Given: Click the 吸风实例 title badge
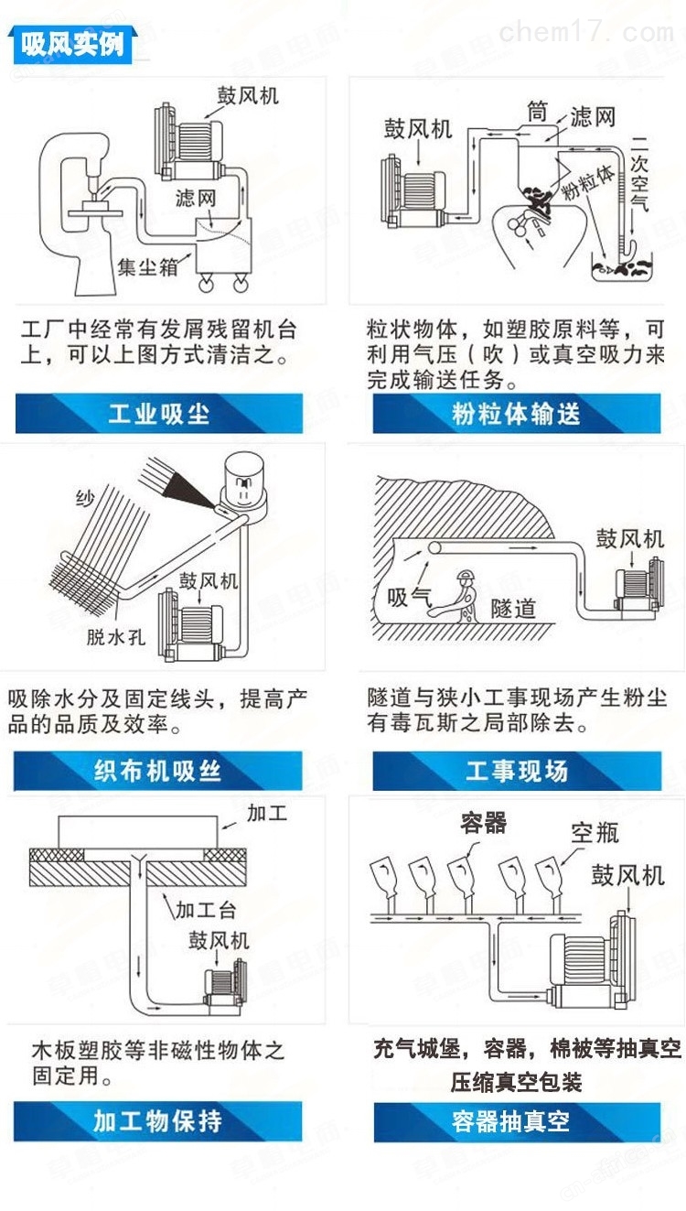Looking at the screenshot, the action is [x=71, y=45].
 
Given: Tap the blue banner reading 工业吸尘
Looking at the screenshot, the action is [x=159, y=414].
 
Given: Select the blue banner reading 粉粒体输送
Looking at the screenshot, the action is [x=517, y=414].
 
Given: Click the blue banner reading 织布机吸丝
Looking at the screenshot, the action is [x=157, y=771].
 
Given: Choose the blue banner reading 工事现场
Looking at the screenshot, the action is [x=517, y=771].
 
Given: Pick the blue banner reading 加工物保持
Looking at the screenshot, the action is [x=157, y=1121].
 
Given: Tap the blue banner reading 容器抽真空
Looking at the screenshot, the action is [x=517, y=1122].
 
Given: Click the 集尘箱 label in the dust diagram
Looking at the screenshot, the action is [x=147, y=266].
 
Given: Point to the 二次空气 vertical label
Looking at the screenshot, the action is [x=639, y=173].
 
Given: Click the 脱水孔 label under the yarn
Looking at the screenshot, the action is [x=116, y=637].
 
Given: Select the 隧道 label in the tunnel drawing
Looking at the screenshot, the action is [x=513, y=608].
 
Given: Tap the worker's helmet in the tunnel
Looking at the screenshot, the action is [x=465, y=576].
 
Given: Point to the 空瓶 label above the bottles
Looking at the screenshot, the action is [x=595, y=833].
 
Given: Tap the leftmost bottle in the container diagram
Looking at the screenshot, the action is [x=384, y=875].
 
